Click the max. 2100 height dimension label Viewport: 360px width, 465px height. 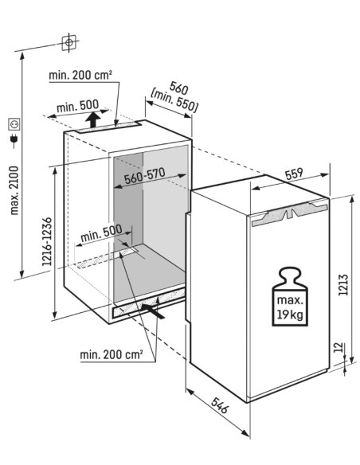tap(14, 190)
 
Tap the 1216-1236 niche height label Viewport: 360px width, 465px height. tap(47, 241)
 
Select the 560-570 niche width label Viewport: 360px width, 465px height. tap(144, 176)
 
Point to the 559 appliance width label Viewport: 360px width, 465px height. tap(294, 174)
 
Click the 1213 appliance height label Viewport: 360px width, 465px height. tap(342, 285)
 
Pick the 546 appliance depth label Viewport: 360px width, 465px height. tap(220, 405)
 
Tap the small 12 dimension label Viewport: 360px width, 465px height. tap(338, 348)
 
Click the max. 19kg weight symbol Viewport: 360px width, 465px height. tap(290, 297)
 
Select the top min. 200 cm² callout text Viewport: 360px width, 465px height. tap(80, 75)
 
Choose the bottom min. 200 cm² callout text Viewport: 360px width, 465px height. tap(112, 354)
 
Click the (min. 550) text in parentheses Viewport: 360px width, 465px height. tap(174, 101)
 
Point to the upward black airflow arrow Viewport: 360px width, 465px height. tap(94, 119)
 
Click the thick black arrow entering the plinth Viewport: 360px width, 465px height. tap(152, 311)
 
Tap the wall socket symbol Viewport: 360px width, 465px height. tap(14, 124)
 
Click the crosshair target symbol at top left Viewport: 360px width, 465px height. tap(68, 42)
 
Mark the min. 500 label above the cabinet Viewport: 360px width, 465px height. tap(78, 106)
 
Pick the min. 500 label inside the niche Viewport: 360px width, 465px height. tap(101, 232)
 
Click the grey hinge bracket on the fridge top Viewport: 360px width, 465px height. tap(289, 212)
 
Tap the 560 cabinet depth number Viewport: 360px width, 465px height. tap(178, 88)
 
